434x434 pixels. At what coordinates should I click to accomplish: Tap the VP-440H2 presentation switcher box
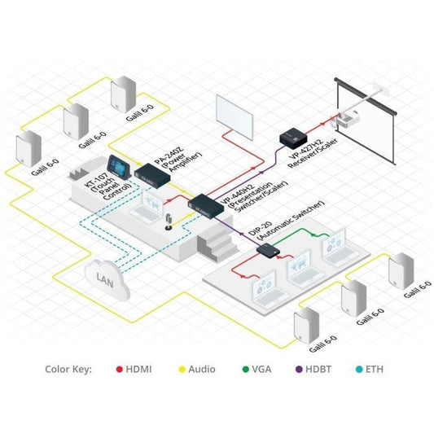[204, 204]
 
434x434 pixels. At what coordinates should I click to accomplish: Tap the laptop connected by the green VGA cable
[335, 246]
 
